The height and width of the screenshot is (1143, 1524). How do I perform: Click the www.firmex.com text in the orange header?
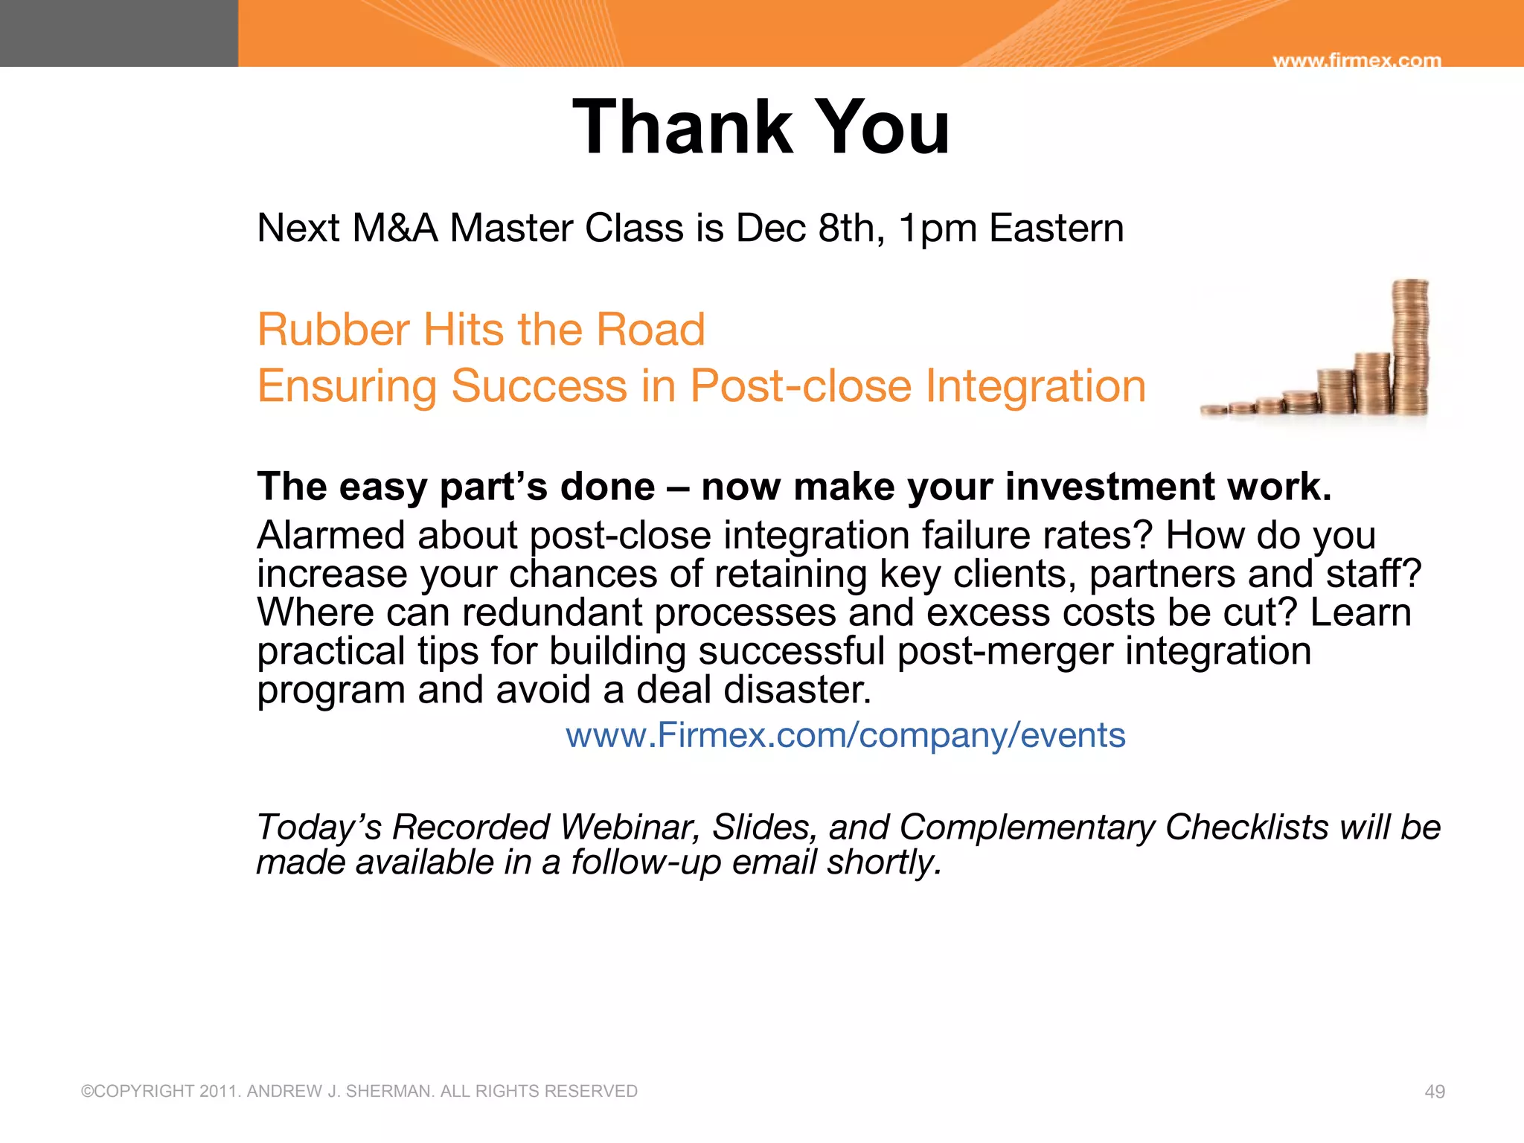pos(1357,60)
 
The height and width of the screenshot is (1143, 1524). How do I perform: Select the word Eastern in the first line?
pos(1056,228)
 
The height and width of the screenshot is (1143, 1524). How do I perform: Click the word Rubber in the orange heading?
pos(333,330)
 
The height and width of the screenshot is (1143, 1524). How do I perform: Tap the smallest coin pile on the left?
pos(1214,410)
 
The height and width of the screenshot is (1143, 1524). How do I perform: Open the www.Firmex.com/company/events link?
pos(845,735)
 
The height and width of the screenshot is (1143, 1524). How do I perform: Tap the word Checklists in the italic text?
pos(1246,827)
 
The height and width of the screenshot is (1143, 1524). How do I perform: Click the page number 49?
pos(1434,1092)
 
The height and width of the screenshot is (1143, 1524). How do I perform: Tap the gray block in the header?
pos(119,33)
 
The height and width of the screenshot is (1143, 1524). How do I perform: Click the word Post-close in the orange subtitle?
pos(801,386)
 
